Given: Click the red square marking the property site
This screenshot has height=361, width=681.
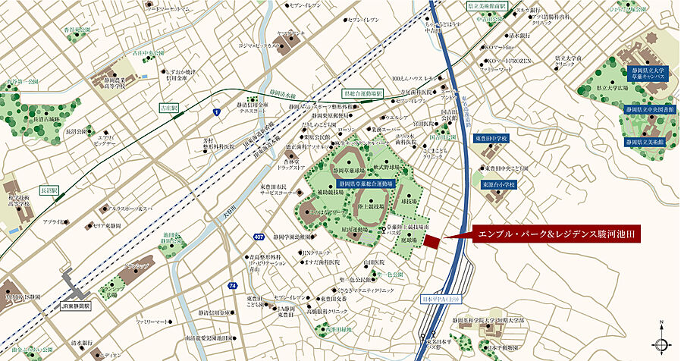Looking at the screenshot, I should click(x=431, y=241).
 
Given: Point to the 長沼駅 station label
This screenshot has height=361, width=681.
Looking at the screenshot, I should click(x=49, y=190).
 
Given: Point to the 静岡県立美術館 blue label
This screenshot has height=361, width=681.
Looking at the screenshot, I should click(x=645, y=142).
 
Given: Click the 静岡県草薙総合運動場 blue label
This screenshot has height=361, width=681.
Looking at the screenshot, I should click(x=366, y=184).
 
